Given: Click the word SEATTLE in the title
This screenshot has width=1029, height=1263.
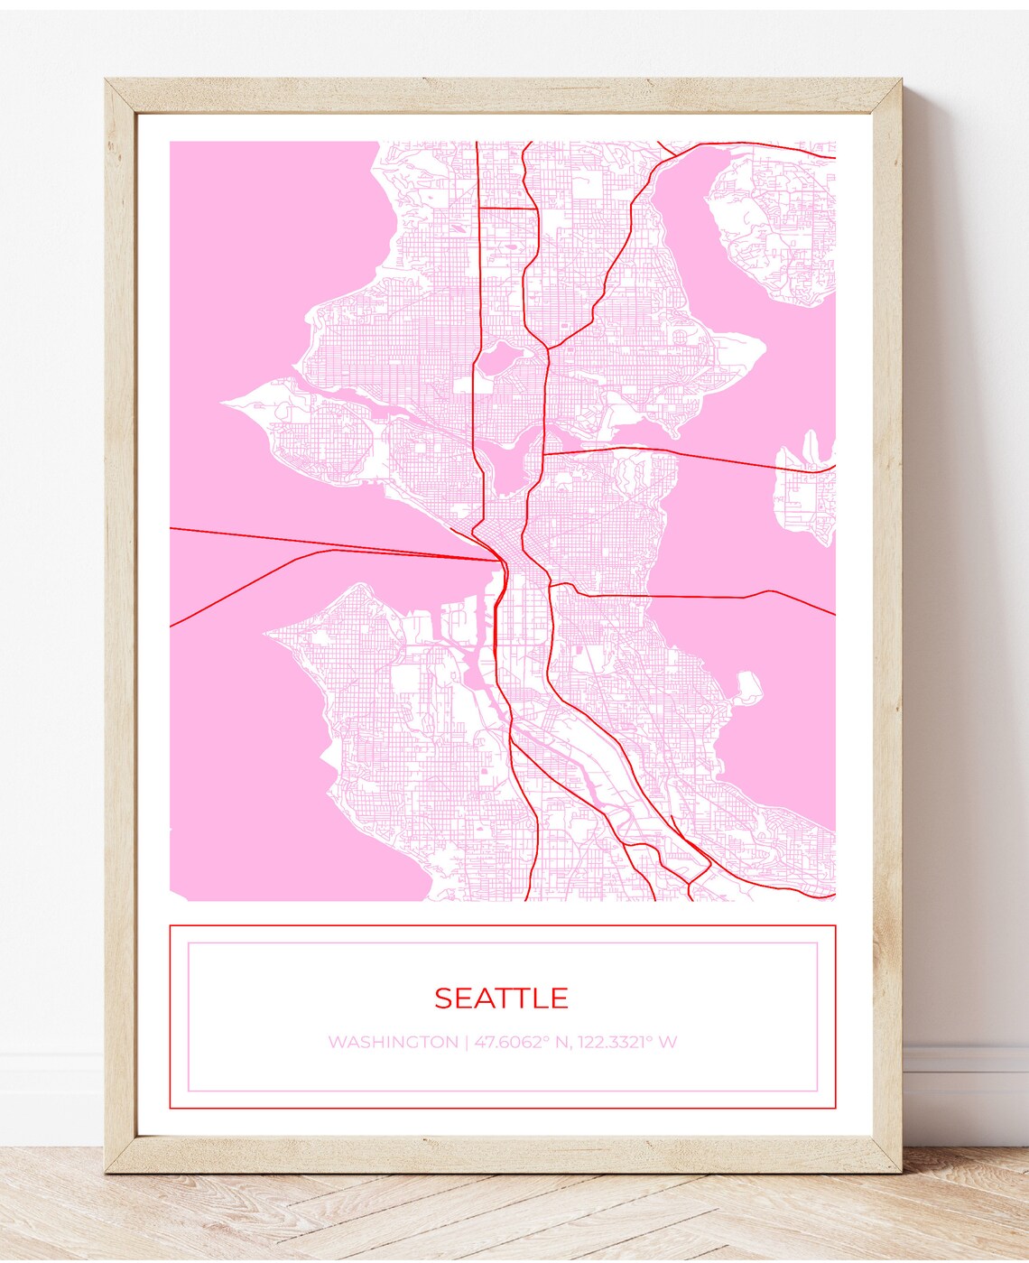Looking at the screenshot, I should pyautogui.click(x=501, y=998).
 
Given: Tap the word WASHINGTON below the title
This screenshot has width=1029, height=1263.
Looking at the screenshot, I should pyautogui.click(x=393, y=1042).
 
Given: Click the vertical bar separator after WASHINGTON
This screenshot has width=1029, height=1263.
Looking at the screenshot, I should pyautogui.click(x=466, y=1042).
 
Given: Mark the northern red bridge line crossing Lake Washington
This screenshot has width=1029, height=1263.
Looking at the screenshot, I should pyautogui.click(x=713, y=457).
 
